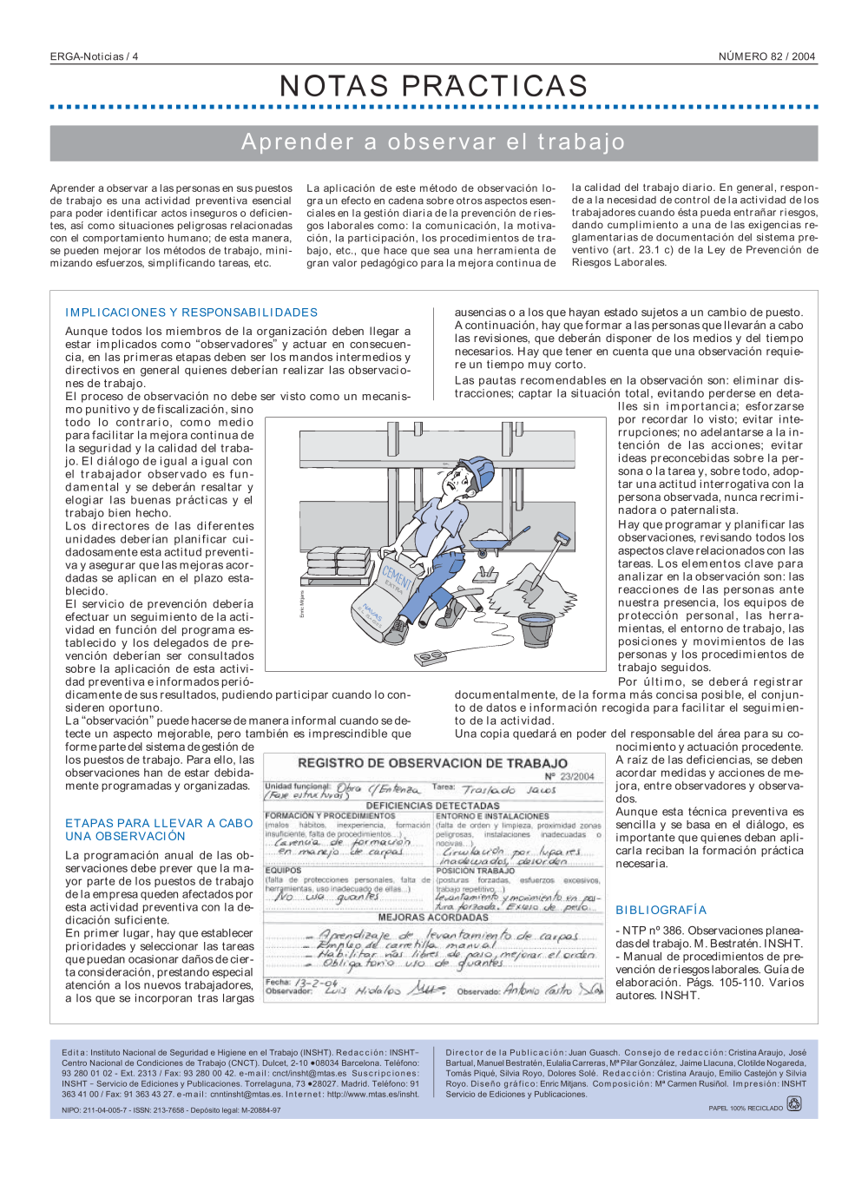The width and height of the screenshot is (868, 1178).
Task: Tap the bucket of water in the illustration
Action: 536,628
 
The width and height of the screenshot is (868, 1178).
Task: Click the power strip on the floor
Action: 431,658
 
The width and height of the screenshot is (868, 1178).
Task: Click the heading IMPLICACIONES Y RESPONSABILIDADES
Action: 191,313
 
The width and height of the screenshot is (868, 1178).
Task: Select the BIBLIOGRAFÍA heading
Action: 661,910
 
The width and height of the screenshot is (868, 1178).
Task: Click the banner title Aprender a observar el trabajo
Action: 433,142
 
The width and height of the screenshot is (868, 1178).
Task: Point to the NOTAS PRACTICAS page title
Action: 433,86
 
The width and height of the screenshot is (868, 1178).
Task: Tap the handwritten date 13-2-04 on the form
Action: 316,983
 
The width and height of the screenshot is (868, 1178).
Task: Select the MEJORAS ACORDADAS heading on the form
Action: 432,917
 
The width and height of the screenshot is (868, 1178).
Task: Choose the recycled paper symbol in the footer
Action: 793,1104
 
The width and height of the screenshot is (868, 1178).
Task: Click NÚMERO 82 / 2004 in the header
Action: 766,56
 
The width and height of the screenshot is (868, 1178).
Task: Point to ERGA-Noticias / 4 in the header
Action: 94,56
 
